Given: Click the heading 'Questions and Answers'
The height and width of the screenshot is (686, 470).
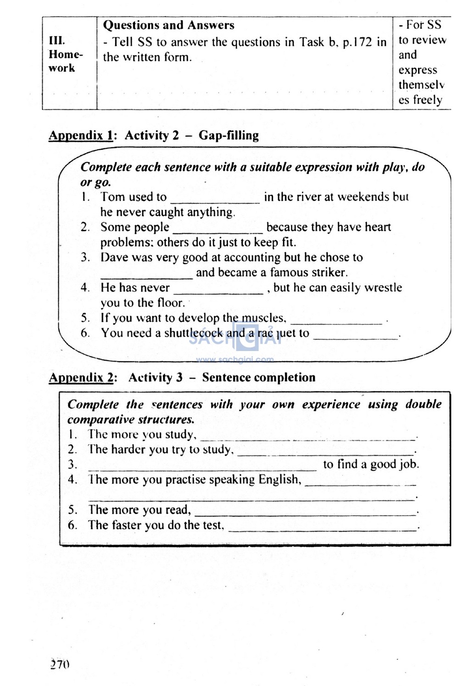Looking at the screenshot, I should (168, 25).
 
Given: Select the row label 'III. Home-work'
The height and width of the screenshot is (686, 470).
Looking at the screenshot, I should (65, 54).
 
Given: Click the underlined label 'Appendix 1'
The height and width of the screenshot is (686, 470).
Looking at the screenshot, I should (81, 135).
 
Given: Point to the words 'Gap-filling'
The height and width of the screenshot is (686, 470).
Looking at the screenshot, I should (229, 135).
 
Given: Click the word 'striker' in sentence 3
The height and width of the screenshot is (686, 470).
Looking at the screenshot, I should (330, 272).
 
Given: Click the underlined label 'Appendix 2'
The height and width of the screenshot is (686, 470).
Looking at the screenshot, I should (81, 378).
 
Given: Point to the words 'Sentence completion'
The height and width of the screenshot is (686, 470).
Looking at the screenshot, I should (258, 378).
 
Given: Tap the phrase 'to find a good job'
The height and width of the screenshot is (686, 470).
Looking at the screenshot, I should (370, 464).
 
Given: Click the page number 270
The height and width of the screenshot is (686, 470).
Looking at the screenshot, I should (60, 664).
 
